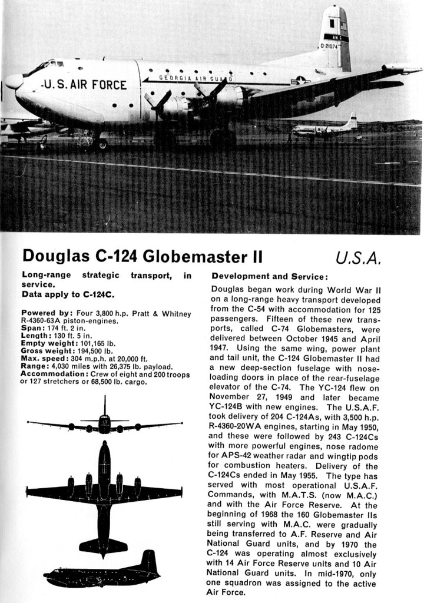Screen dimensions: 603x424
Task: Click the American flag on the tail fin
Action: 343,26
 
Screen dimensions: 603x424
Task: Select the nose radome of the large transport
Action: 13,81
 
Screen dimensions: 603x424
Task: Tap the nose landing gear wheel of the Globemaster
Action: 101,143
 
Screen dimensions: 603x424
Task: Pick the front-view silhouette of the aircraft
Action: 105,422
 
